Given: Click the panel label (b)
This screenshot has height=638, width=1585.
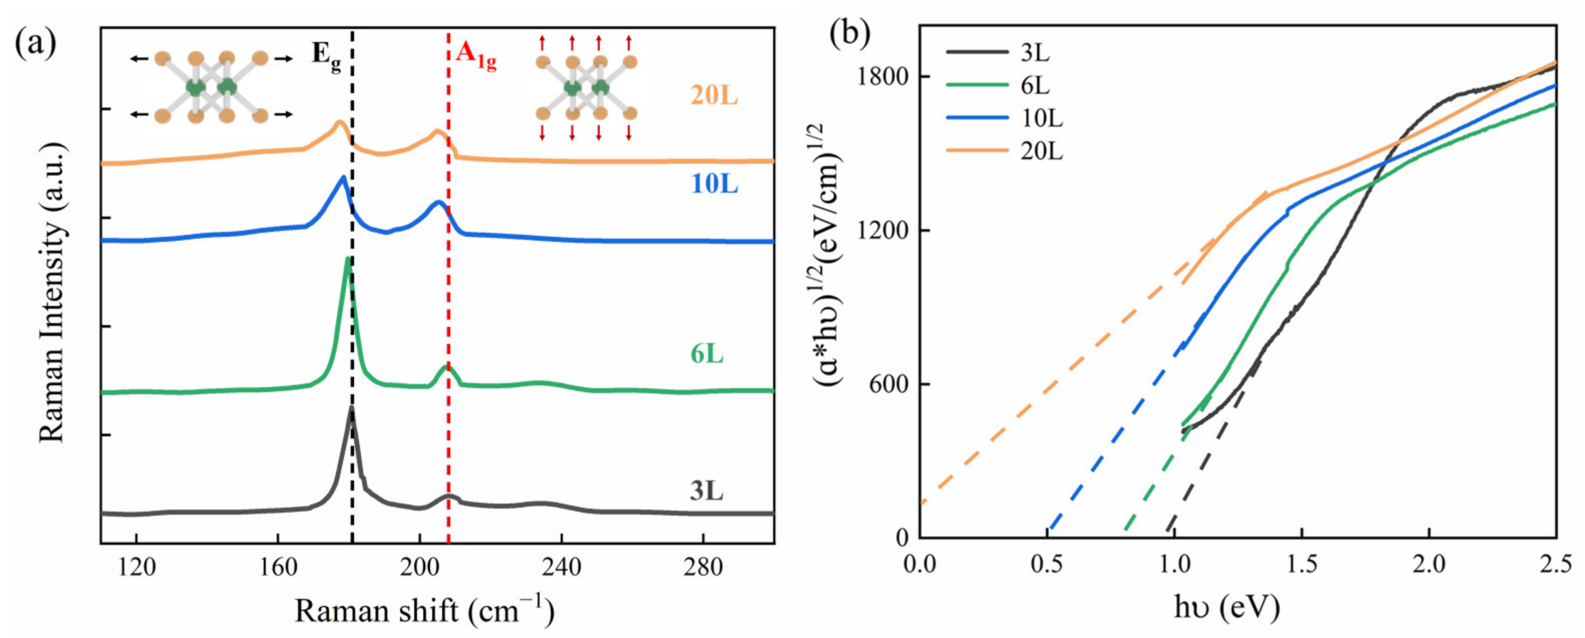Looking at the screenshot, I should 849,34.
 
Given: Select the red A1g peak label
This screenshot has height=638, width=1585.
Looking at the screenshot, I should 476,55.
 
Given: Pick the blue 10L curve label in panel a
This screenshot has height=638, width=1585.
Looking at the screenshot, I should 714,184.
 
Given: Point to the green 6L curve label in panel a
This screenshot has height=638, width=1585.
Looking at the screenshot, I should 706,355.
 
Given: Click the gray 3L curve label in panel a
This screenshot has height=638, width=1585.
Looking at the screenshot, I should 706,492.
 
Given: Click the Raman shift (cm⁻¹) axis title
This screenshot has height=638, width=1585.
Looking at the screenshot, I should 424,611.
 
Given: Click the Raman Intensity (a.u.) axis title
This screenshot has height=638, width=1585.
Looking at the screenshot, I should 52,292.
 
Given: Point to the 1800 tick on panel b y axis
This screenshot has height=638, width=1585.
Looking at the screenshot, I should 884,76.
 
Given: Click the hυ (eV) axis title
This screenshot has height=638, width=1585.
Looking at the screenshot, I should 1226,608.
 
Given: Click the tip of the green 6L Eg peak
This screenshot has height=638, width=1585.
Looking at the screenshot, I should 348,258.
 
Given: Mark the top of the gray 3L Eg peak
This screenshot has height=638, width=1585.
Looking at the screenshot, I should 351,407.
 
